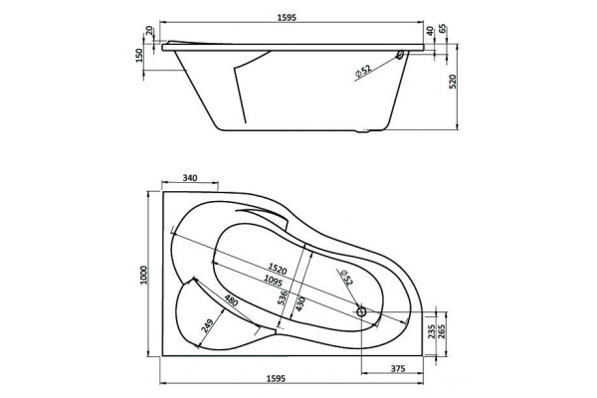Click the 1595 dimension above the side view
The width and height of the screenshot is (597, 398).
tap(287, 18)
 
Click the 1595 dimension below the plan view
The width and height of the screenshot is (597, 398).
tap(276, 378)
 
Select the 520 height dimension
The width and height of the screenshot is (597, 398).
tap(453, 82)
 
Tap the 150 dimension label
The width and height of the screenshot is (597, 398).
tap(139, 56)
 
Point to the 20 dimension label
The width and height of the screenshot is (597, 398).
tap(149, 30)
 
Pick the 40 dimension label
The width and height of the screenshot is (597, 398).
tap(430, 31)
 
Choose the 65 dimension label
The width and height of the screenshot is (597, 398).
tap(443, 30)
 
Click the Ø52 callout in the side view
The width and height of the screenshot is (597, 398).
tap(363, 72)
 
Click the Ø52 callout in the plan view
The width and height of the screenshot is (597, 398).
tap(347, 278)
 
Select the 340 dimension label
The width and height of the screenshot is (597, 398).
tap(190, 178)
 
